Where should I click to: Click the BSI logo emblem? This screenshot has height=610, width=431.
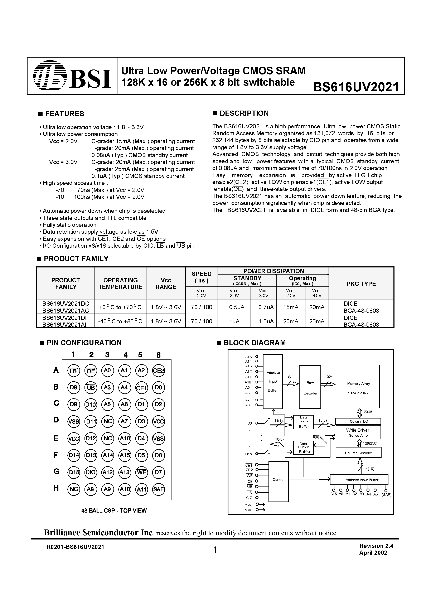coord(50,76)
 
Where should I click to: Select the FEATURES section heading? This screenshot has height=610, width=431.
coord(64,114)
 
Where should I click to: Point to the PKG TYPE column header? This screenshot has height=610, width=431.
coord(361,284)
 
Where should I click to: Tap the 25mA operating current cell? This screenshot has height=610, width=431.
coord(317,321)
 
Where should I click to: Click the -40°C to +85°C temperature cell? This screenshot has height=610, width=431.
coord(120,321)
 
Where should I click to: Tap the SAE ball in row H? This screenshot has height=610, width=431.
coord(159,489)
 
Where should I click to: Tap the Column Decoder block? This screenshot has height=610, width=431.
coord(358,453)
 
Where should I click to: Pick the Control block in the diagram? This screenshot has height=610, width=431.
coord(279,480)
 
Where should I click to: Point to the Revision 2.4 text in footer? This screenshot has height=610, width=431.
coord(376,546)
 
